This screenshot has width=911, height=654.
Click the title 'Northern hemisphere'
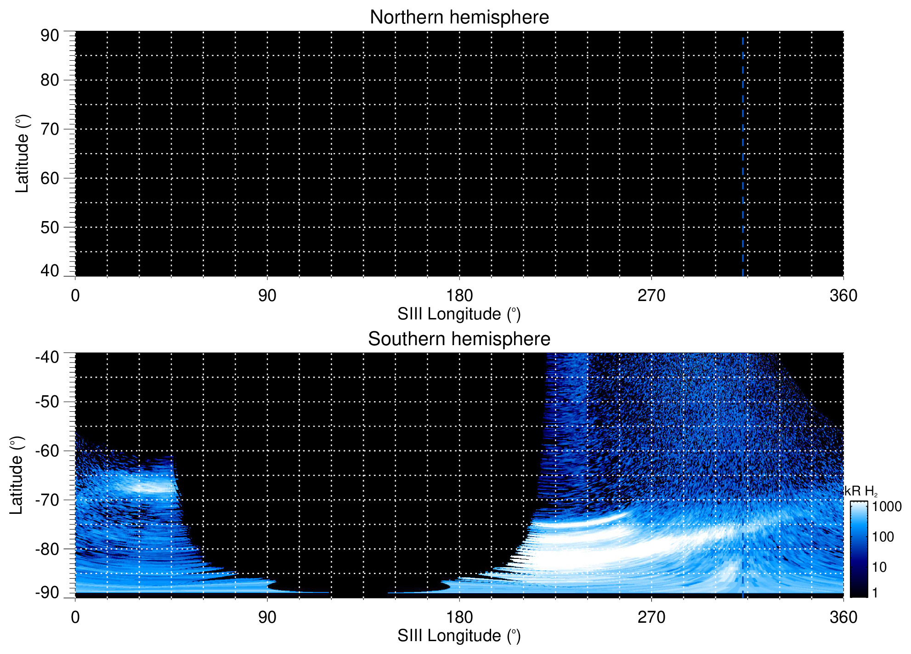[x=459, y=17]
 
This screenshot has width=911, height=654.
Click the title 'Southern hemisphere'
[x=459, y=339]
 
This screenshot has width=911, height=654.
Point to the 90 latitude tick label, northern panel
[x=50, y=36]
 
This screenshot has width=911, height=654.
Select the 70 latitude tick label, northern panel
[x=50, y=129]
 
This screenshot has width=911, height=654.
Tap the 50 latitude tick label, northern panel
[x=50, y=227]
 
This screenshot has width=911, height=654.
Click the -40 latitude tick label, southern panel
[x=47, y=357]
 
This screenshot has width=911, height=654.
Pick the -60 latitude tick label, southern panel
[x=47, y=451]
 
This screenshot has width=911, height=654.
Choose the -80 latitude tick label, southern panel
[x=47, y=549]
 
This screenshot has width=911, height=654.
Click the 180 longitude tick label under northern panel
[x=459, y=296]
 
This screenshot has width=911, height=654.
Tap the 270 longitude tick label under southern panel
[x=651, y=617]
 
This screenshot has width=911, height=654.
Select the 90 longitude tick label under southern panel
[x=267, y=617]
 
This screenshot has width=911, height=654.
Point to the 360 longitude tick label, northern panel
[x=843, y=296]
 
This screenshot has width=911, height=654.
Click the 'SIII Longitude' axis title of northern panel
[x=459, y=314]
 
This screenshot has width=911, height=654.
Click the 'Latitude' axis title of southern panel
[x=17, y=476]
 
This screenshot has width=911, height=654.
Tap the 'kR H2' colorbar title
[x=861, y=492]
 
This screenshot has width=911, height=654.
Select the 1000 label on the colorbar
[x=887, y=507]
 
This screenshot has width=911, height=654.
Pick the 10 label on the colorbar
[x=879, y=567]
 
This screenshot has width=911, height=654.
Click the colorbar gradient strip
[x=859, y=549]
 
